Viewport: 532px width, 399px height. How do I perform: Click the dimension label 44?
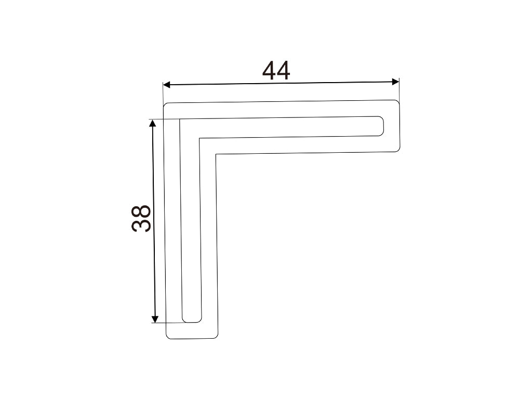[276, 71]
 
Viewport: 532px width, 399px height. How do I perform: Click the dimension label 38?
[141, 218]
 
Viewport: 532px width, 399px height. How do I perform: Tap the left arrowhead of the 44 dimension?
[167, 85]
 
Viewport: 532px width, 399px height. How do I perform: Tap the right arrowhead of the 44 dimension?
[395, 82]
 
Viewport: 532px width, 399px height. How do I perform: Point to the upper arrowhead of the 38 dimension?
[153, 123]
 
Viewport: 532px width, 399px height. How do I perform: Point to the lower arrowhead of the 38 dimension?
[155, 318]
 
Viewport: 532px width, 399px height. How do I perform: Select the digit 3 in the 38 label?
[141, 225]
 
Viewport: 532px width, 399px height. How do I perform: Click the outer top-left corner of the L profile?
[165, 104]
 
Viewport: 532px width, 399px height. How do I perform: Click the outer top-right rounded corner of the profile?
[397, 101]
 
